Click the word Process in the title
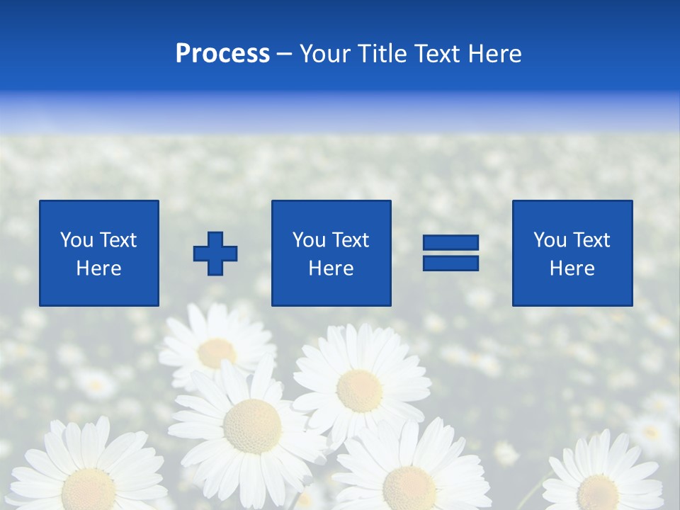pos(222,54)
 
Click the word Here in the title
pos(494,54)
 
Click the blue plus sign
pos(215,254)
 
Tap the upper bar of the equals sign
pos(450,243)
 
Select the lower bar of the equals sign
pos(450,263)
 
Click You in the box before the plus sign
pos(76,240)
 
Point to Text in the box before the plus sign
pos(118,240)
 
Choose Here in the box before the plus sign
pos(98,268)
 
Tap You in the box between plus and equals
pos(309,240)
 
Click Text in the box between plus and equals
pos(350,240)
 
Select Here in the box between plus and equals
pos(331,268)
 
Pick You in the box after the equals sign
pos(550,240)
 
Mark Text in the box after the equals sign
pos(591,240)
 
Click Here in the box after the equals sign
pos(572,268)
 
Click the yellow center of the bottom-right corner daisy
pos(597,492)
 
